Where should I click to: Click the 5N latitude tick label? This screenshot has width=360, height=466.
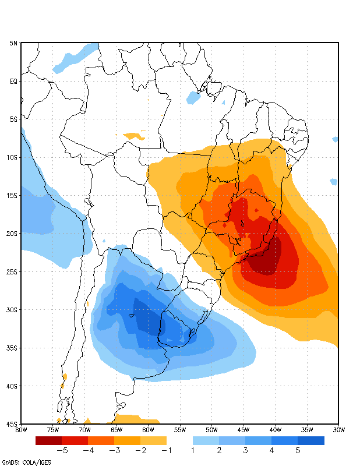(x=13, y=43)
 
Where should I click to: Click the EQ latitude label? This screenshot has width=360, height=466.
(x=13, y=82)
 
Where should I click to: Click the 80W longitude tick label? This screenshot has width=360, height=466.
(x=21, y=430)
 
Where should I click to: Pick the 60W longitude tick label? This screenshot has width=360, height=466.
(x=148, y=430)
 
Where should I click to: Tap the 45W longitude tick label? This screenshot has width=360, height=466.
(x=243, y=430)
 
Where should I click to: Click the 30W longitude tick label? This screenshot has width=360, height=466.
(x=338, y=430)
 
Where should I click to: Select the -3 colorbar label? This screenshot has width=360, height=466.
(x=114, y=450)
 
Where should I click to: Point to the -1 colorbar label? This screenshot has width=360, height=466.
(x=166, y=450)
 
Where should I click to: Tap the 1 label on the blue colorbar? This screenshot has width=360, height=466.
(x=193, y=450)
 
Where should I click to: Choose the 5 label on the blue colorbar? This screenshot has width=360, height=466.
(x=298, y=450)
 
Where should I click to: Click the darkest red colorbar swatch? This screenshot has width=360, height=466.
(x=48, y=441)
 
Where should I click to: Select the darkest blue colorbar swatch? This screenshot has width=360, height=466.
(x=311, y=441)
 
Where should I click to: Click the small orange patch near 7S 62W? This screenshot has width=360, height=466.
(x=135, y=136)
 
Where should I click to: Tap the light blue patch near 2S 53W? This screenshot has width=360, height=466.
(x=193, y=98)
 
